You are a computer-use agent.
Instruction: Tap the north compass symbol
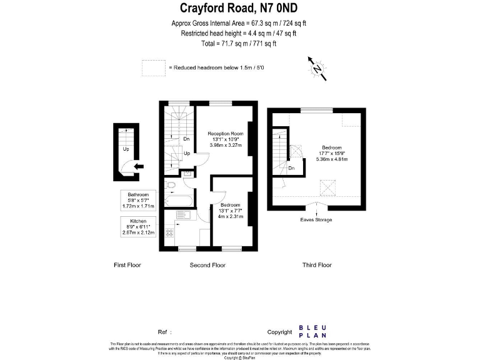317,68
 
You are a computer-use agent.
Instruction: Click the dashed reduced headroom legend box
152,67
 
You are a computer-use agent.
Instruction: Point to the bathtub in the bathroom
179,201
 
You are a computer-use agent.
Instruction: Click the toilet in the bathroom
170,184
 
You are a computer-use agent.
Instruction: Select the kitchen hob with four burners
169,232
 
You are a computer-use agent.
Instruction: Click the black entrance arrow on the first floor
138,166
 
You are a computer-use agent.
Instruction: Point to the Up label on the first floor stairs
126,149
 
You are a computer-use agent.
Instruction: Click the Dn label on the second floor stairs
186,139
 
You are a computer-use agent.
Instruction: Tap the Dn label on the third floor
291,167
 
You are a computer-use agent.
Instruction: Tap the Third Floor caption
317,265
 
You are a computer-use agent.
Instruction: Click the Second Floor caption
207,265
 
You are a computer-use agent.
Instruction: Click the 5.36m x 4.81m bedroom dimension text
332,159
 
